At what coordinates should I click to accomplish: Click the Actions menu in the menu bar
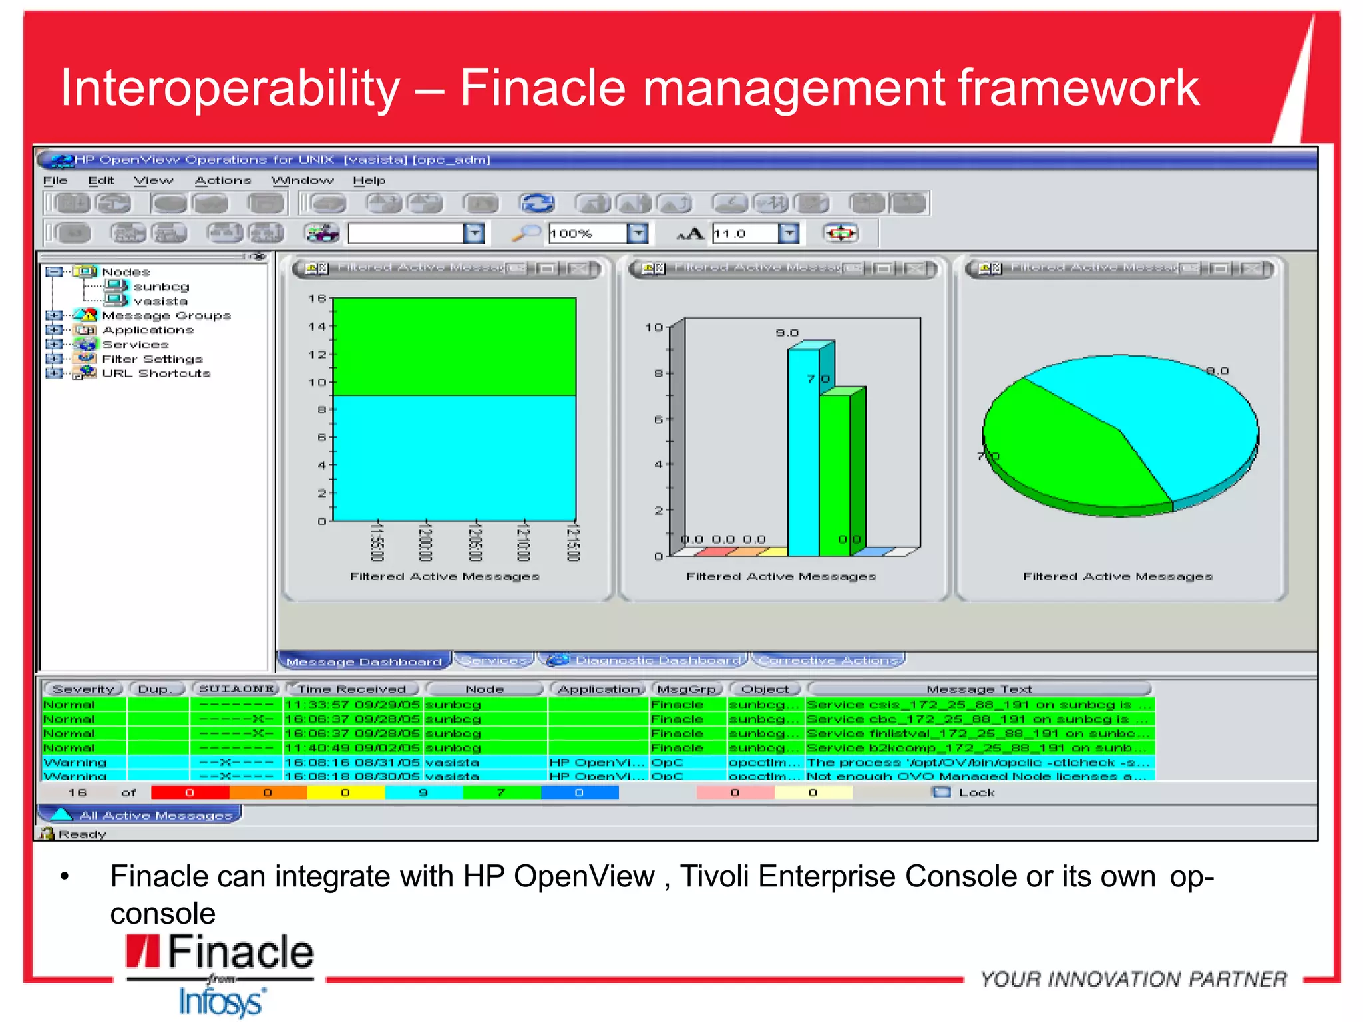tap(222, 180)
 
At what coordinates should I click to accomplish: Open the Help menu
tap(369, 180)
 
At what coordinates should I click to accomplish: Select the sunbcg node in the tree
tap(161, 287)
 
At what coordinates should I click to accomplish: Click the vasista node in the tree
tap(160, 301)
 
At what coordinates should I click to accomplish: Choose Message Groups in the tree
tap(166, 315)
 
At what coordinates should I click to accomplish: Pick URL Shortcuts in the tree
tap(156, 373)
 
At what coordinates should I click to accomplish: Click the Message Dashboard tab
tap(363, 661)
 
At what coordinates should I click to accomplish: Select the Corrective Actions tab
tap(828, 660)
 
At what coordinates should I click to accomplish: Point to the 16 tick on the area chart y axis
tap(317, 299)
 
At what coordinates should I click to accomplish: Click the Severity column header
tap(83, 689)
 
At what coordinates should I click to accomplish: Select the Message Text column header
tap(978, 689)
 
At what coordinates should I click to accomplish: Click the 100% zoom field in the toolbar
tap(586, 234)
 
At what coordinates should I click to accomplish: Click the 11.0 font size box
tap(743, 234)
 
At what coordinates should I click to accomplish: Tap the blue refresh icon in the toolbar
tap(536, 203)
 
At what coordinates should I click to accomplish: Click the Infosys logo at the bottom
tap(221, 1001)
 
